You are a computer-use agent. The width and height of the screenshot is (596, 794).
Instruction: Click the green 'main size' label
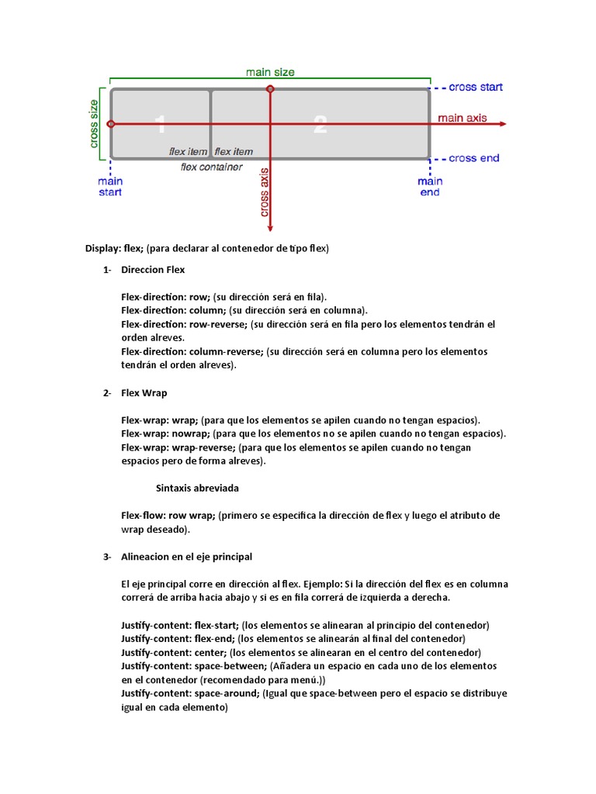pos(270,72)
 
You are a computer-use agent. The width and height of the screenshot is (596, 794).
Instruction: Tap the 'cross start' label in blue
pos(476,88)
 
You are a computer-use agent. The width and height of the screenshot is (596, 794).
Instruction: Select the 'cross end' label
pos(474,158)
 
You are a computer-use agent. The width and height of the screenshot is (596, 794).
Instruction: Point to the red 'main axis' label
pos(462,118)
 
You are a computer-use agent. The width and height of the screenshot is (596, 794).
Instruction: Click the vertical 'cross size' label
pos(95,123)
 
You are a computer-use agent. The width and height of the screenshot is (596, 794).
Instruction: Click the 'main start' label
pos(110,186)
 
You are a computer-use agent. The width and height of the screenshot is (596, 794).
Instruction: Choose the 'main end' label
pos(430,186)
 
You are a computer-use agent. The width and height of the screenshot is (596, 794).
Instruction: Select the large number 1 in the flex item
pos(160,124)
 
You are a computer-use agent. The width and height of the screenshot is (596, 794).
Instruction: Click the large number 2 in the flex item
pos(320,124)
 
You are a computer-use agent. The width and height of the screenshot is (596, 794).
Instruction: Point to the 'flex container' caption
pos(211,167)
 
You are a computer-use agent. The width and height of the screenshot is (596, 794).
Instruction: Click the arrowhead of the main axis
pos(503,124)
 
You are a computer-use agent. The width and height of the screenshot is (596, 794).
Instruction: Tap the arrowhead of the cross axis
pos(270,227)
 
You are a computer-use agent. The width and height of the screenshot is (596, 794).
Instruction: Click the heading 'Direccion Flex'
pos(153,270)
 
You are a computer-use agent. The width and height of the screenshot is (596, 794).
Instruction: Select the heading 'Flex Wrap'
pos(144,393)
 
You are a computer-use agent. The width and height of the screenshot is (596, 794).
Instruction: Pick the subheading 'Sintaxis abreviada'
pos(197,488)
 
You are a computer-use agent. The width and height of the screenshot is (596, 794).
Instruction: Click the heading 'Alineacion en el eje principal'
pos(186,557)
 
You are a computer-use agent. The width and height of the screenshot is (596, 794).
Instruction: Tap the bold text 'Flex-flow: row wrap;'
pos(168,516)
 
